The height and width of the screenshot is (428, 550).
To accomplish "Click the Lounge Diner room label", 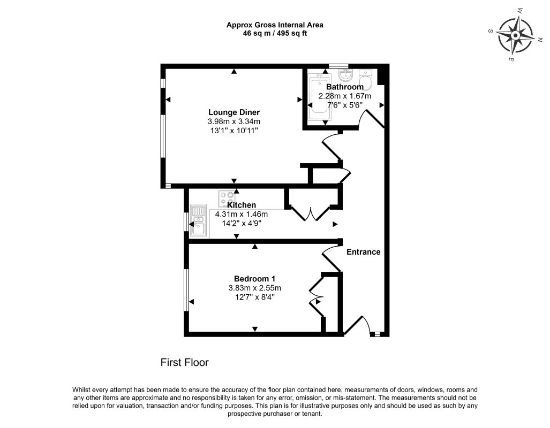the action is point(234,112).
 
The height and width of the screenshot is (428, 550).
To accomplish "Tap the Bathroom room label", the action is point(345,87).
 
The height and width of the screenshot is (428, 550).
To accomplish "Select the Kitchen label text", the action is point(242,205).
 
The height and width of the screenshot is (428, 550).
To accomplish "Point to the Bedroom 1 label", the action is point(255,279).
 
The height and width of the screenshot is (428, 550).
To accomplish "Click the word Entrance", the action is point(364,251).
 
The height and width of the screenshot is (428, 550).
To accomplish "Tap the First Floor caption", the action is point(185,362).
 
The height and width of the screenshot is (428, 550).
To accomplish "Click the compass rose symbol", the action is point(515,35).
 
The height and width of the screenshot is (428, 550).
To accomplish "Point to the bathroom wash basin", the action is point(345,75).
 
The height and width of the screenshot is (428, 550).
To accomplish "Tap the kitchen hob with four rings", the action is point(227,198).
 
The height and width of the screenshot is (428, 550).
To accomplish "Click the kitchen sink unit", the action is point(198,220).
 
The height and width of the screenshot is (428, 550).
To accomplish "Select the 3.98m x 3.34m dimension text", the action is point(234,121).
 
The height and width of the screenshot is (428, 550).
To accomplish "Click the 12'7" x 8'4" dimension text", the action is point(255,297).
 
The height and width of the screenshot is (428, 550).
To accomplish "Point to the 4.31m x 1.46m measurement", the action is point(242,214).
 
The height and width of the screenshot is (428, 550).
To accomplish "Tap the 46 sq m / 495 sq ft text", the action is point(275,34).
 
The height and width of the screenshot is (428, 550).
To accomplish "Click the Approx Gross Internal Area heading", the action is point(275,25).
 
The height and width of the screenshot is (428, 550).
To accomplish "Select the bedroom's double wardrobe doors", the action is point(315,296).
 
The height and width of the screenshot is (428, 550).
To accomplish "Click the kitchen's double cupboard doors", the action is point(311,213).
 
